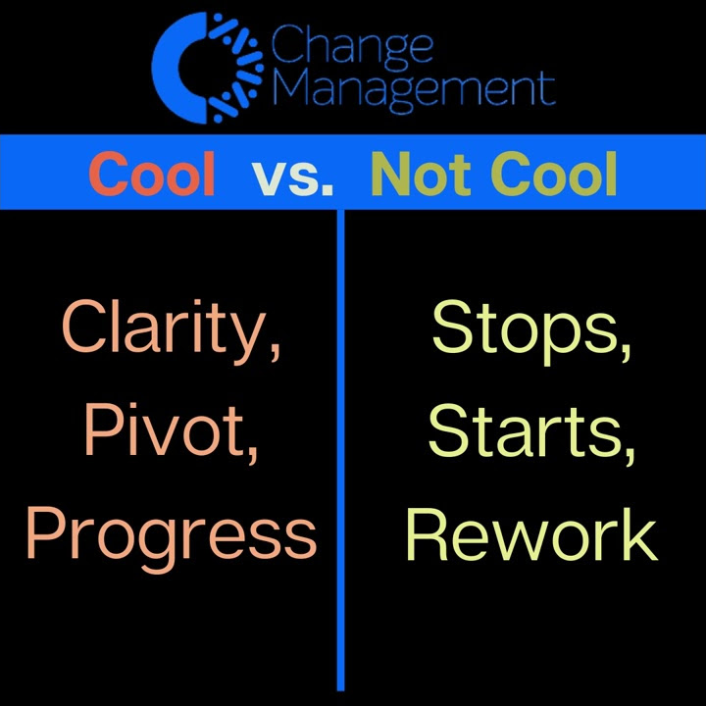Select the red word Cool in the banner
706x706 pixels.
click(152, 175)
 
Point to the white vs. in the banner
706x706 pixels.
click(292, 176)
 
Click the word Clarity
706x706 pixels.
click(172, 328)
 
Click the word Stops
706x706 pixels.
click(530, 328)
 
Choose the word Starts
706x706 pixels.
click(530, 431)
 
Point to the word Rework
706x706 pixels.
click(530, 534)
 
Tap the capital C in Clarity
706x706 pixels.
click(82, 327)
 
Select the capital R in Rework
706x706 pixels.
click(427, 533)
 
